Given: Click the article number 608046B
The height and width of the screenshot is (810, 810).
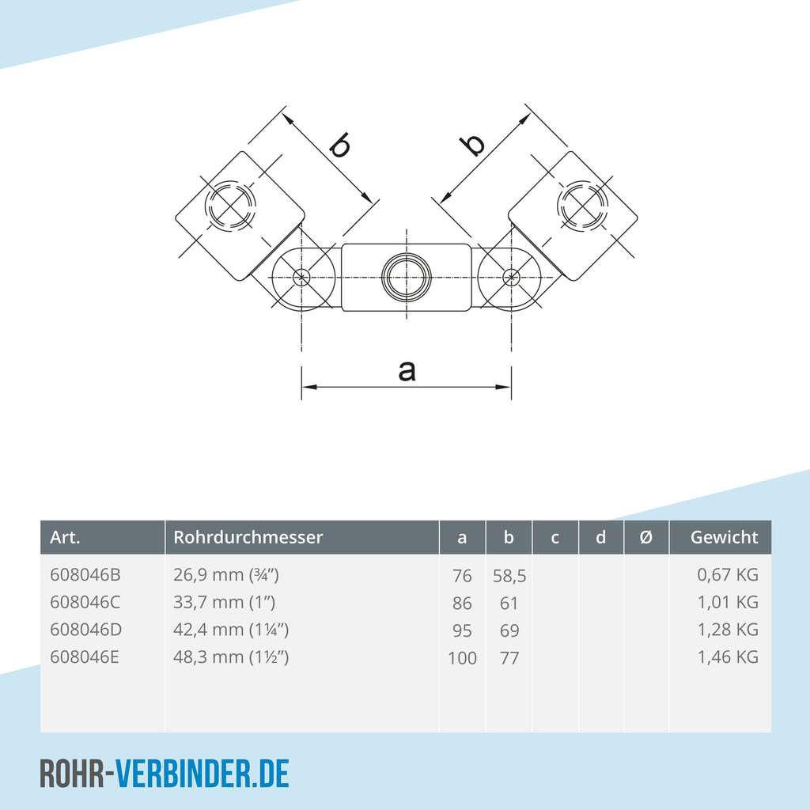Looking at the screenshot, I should (x=85, y=575).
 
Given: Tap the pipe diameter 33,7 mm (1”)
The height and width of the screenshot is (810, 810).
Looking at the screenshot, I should (x=224, y=602).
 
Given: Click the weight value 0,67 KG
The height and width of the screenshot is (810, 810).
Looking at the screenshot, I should (x=728, y=575).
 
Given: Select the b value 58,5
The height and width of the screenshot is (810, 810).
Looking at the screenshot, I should (x=509, y=577).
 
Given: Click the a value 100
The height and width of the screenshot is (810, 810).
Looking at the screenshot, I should (x=462, y=657).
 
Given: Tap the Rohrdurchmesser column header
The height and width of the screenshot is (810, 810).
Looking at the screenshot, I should (x=248, y=537).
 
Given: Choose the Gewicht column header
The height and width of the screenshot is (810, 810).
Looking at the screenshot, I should (x=724, y=537).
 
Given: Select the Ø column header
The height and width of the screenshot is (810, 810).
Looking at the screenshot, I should (x=645, y=537).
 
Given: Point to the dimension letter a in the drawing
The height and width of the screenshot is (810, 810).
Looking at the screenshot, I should (x=407, y=369).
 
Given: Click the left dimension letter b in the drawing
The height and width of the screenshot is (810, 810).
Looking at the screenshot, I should (x=339, y=146).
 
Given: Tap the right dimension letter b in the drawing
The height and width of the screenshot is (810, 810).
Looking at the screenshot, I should (x=473, y=145).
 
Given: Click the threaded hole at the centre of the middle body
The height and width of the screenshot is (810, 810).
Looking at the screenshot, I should (x=406, y=278).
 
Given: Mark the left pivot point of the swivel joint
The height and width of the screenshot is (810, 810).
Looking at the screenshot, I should (x=301, y=278).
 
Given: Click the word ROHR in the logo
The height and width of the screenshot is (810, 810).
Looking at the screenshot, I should (x=74, y=773).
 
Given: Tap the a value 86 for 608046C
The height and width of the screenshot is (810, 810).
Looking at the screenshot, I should (x=462, y=604).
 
